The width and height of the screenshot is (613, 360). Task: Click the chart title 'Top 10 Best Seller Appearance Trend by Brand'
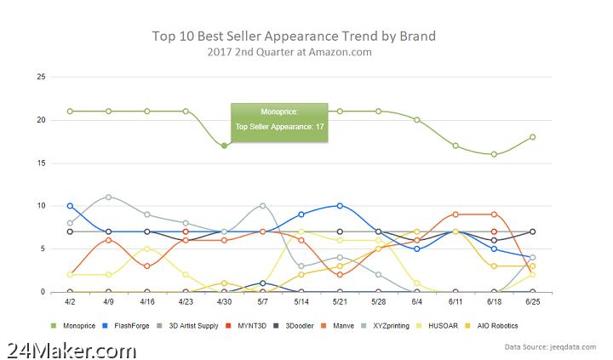coord(294,37)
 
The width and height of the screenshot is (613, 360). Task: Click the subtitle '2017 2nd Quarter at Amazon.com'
coord(294,53)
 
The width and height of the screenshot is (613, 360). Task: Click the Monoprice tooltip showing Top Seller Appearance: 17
coord(280,120)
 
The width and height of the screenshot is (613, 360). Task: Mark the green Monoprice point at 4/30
coord(224,146)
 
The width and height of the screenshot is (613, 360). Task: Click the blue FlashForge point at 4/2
coord(70,206)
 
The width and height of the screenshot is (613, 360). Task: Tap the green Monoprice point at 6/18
coord(494,154)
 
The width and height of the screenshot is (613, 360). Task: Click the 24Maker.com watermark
coord(72,349)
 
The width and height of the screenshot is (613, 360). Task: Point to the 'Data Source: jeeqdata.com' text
coord(553,347)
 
